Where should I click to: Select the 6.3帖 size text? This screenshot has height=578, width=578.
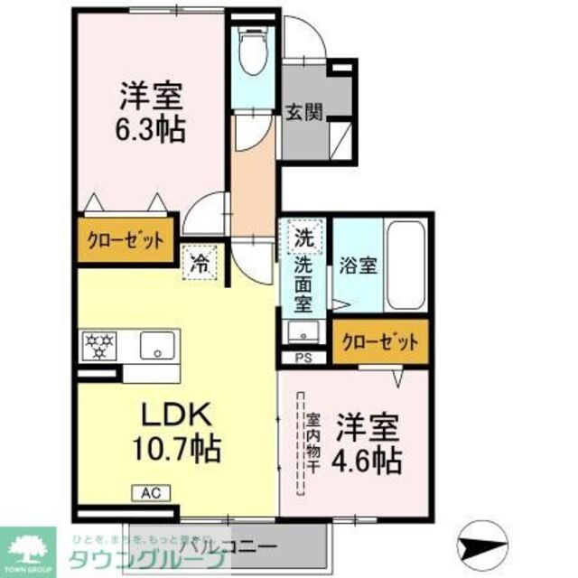click(150, 130)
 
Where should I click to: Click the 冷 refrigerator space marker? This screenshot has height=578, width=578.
click(200, 265)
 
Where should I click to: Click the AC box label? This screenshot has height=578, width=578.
click(149, 493)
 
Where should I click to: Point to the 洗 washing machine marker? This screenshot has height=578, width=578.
click(305, 240)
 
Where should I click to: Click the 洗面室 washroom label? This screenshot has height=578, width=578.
click(305, 289)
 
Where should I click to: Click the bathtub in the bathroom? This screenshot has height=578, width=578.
click(406, 265)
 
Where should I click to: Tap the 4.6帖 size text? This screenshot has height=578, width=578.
click(370, 460)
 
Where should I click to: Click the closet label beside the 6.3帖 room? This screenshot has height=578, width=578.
click(125, 241)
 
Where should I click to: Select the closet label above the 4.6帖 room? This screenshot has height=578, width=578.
click(379, 342)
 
